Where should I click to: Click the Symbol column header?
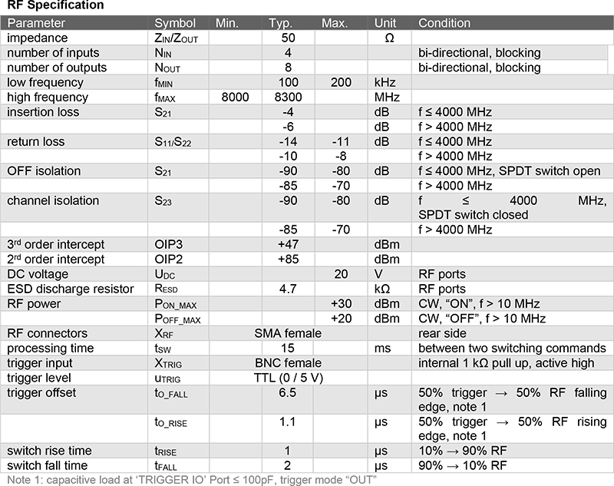pyautogui.click(x=175, y=23)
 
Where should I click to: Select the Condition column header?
pyautogui.click(x=444, y=23)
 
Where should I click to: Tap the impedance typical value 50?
pyautogui.click(x=288, y=38)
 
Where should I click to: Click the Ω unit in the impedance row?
pyautogui.click(x=388, y=38)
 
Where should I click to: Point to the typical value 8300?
pyautogui.click(x=288, y=98)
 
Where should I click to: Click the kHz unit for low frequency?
pyautogui.click(x=386, y=82)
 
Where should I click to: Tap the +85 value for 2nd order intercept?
pyautogui.click(x=288, y=260)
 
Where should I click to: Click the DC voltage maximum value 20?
pyautogui.click(x=341, y=274)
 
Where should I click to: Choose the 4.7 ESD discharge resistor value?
pyautogui.click(x=288, y=289)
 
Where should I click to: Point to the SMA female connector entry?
pyautogui.click(x=288, y=334)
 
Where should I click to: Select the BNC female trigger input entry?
pyautogui.click(x=288, y=363)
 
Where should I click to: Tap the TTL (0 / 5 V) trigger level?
pyautogui.click(x=288, y=378)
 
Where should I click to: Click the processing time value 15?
pyautogui.click(x=288, y=349)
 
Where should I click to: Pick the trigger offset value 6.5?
pyautogui.click(x=288, y=393)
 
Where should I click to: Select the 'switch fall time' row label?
pyautogui.click(x=48, y=466)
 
